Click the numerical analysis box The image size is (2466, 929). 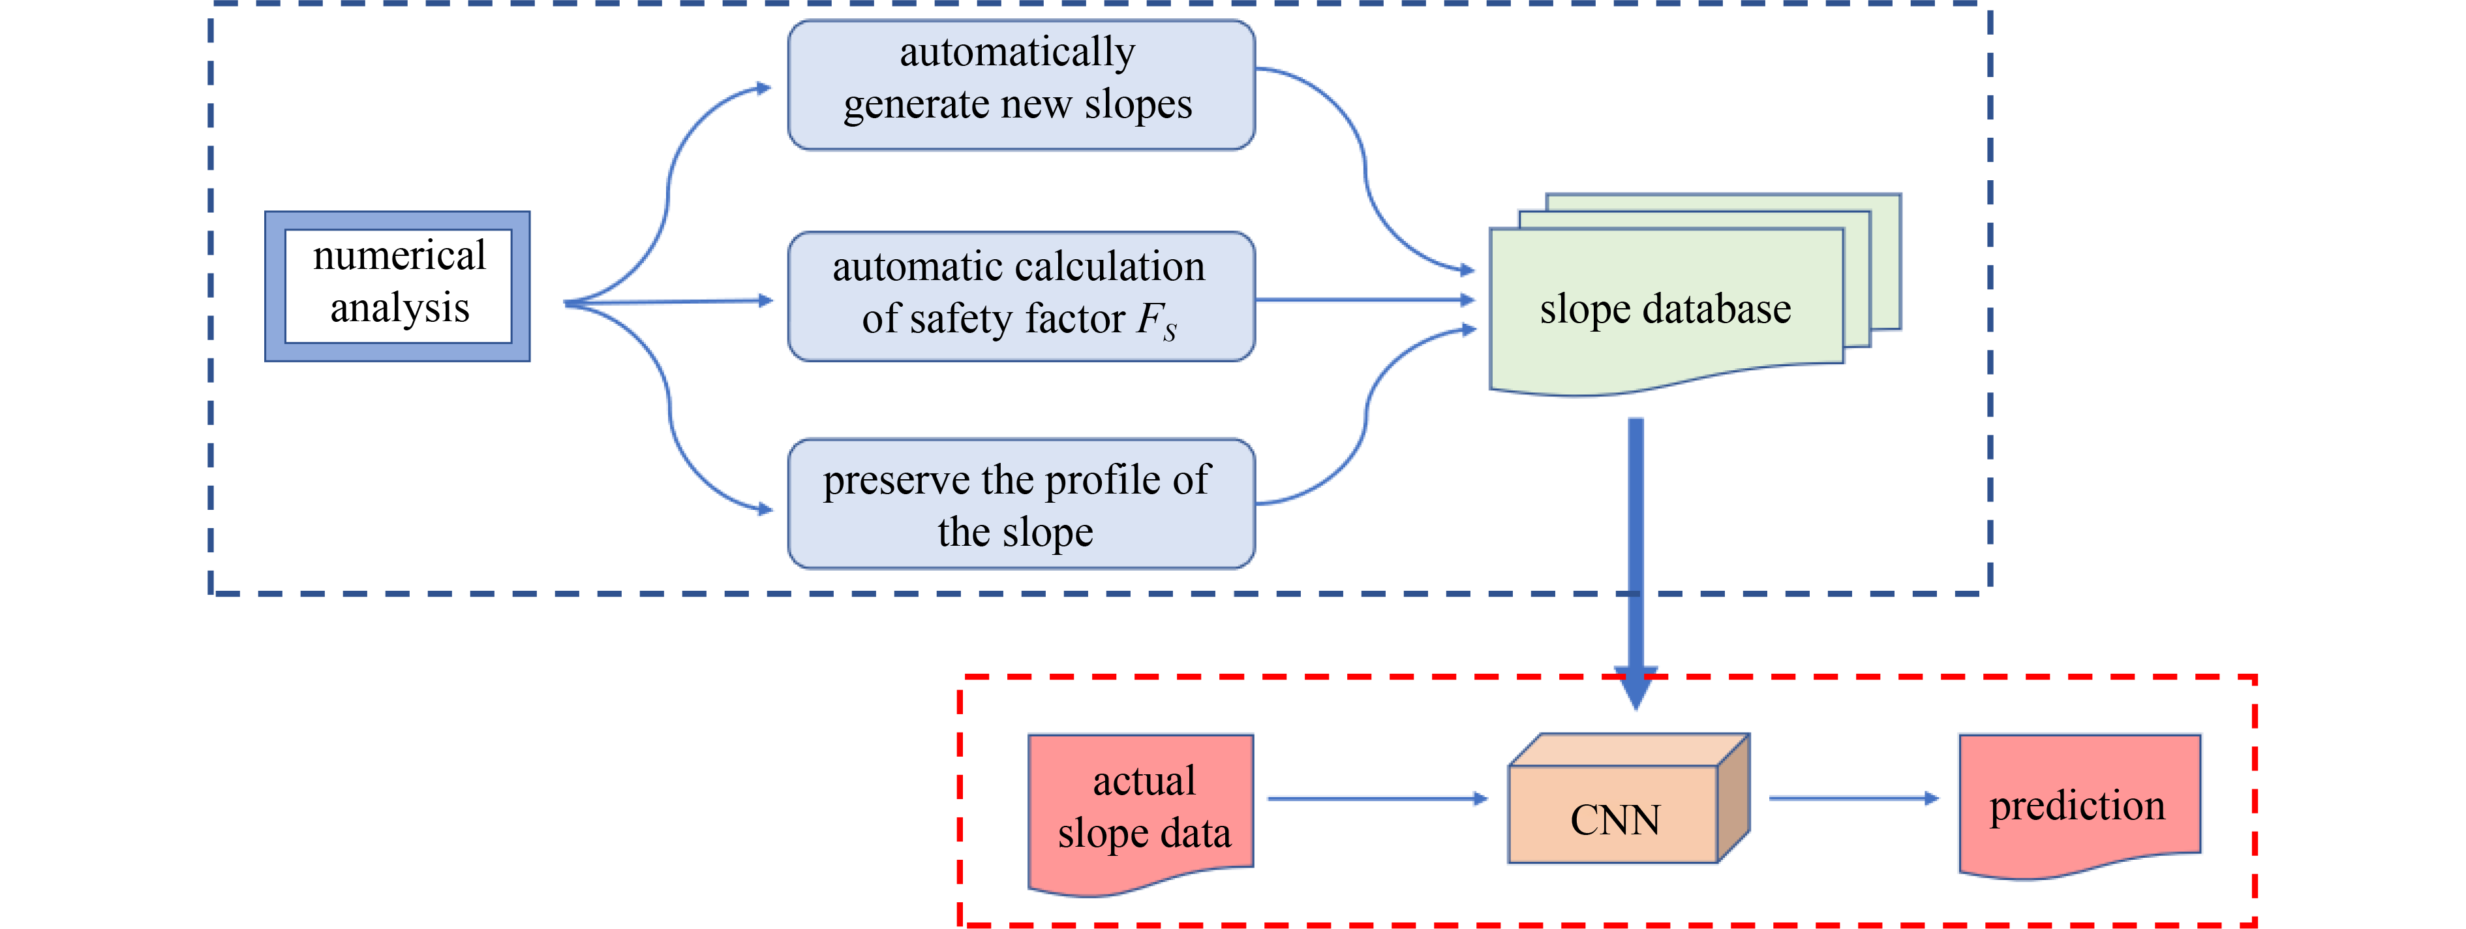click(x=397, y=285)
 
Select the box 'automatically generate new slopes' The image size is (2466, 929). click(x=1020, y=84)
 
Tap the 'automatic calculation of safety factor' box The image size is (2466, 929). click(x=1020, y=295)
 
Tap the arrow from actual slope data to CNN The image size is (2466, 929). click(x=1377, y=798)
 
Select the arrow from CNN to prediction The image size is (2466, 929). click(x=1852, y=798)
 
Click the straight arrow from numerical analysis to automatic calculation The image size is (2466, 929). click(x=670, y=302)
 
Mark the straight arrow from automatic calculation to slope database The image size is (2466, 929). click(x=1364, y=300)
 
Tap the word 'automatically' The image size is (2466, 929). click(x=1016, y=52)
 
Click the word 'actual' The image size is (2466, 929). click(x=1144, y=781)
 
